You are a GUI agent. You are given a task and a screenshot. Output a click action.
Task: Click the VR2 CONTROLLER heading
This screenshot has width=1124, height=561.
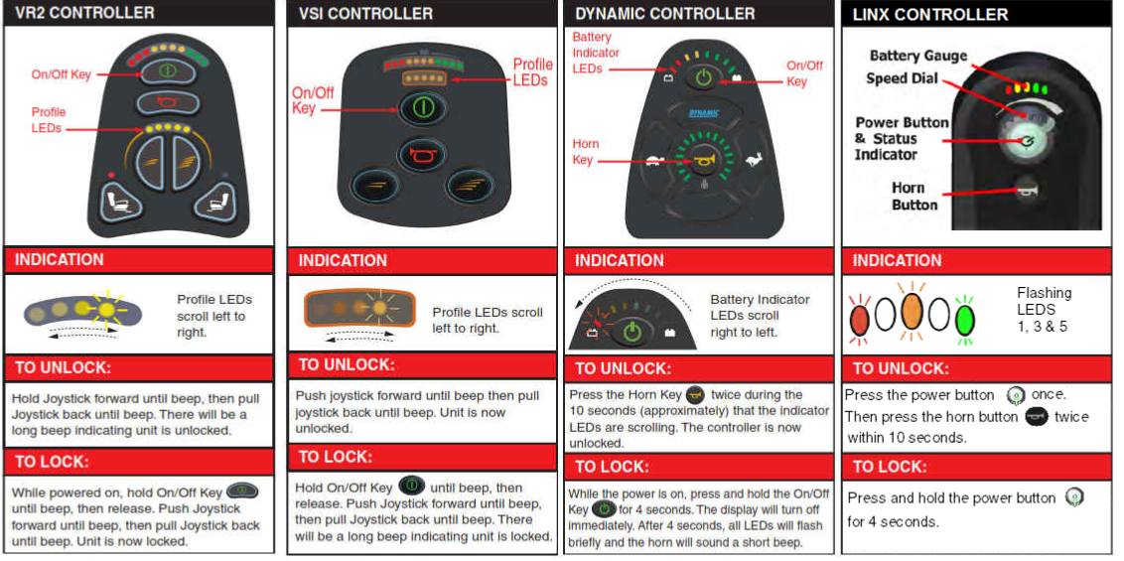(84, 12)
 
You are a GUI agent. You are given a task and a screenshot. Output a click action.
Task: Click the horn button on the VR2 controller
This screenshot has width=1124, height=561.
(166, 103)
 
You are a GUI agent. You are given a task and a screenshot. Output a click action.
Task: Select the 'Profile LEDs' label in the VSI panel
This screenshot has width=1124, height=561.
(532, 72)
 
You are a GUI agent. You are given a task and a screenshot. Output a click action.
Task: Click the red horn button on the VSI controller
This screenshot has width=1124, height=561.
(422, 155)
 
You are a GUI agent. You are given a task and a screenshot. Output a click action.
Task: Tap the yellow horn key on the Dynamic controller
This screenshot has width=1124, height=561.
(703, 162)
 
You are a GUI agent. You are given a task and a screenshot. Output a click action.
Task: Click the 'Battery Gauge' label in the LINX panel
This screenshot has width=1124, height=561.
(918, 56)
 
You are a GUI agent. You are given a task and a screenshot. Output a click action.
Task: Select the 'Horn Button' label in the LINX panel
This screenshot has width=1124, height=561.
(909, 197)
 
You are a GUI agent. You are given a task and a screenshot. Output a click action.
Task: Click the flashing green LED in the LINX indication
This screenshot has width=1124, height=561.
(966, 318)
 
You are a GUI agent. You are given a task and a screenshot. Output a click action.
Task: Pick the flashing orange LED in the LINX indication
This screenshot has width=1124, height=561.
(912, 314)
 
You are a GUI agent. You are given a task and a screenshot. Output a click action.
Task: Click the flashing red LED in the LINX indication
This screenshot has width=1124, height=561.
(860, 319)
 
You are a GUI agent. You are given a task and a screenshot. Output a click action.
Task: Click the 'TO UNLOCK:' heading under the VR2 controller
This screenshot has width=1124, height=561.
(64, 369)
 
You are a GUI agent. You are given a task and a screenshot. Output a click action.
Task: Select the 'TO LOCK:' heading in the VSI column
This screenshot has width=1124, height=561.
(335, 458)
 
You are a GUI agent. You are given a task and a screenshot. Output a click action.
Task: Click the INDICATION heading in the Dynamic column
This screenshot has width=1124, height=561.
(620, 261)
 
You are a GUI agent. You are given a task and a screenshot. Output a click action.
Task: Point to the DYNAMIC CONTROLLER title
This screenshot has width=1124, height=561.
(664, 14)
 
